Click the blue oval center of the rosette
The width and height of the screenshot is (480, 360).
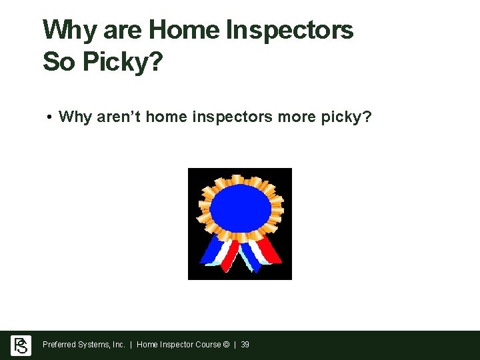[x=241, y=207]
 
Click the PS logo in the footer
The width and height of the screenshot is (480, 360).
[x=21, y=345]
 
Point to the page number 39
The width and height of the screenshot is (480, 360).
[x=245, y=345]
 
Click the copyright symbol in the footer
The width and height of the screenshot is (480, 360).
[x=226, y=345]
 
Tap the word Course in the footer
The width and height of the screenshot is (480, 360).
[x=207, y=345]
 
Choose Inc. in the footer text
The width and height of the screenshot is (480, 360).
[x=118, y=345]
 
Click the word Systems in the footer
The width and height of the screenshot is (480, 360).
[x=93, y=345]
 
